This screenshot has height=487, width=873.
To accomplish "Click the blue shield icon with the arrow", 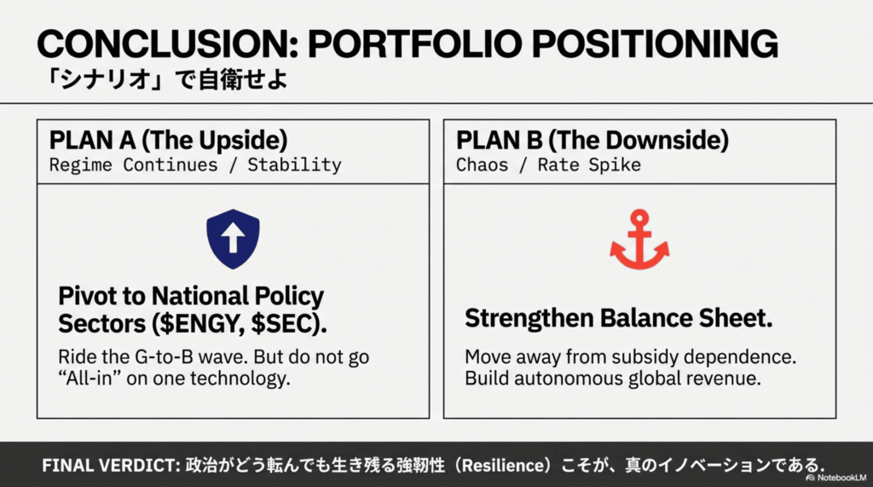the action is coord(233,239).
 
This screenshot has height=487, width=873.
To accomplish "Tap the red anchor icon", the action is coord(639,240).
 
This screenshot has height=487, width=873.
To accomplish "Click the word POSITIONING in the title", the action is coord(656,43).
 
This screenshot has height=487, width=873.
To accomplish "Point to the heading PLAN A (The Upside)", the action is coord(168,140).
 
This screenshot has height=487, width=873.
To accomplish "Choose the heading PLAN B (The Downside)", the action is coord(593,140).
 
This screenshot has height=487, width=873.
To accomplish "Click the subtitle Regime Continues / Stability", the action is coord(195,165).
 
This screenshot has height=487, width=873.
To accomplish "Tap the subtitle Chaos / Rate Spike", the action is coord(548,165).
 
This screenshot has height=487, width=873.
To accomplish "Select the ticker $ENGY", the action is coord(201,324).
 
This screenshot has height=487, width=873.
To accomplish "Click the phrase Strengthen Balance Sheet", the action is coord(619,318).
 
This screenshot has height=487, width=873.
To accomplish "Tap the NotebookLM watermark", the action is coord(836,478).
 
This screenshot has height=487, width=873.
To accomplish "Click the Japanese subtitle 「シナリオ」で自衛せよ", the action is coord(167,79).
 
